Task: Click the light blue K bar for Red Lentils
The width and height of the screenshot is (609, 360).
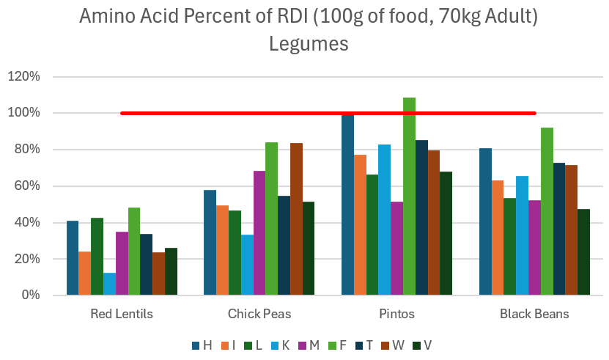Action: pos(109,284)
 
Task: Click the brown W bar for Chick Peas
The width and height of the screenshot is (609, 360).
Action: pos(296,219)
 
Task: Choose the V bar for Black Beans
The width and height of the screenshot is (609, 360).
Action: pos(583,252)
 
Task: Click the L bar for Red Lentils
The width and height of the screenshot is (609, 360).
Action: pos(97,257)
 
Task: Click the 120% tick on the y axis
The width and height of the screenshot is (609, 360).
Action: pos(34,76)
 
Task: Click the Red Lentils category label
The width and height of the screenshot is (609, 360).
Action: pos(122,314)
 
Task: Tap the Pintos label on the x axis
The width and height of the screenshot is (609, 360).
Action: pos(396,314)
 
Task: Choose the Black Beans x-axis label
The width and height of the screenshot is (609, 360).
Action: pos(534,314)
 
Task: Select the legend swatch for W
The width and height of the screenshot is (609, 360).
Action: pos(389,345)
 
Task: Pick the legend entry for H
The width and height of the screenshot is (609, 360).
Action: pos(202,345)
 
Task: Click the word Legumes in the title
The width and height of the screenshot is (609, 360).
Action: pos(308,45)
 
